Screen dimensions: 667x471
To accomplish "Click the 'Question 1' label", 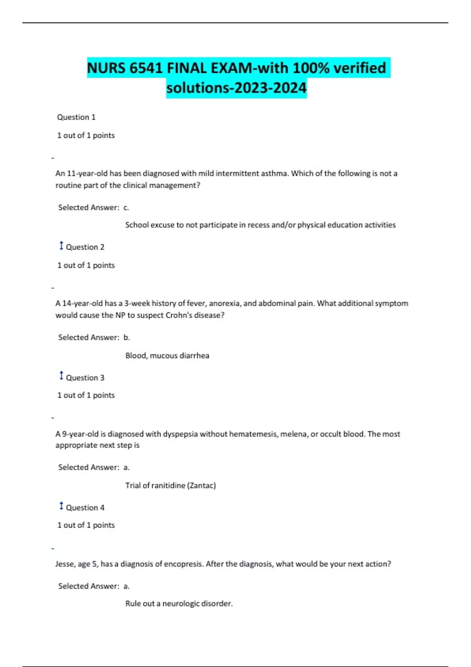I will point(76,117).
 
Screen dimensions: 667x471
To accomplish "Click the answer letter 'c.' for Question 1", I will point(126,208).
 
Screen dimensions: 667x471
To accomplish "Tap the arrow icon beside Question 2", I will point(61,246).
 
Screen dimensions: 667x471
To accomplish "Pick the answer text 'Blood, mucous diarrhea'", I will point(167,356).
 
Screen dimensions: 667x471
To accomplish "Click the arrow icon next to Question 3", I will point(61,376).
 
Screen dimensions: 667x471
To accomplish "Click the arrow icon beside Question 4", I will point(61,506).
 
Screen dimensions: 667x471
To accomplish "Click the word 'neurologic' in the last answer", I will point(181,604).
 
